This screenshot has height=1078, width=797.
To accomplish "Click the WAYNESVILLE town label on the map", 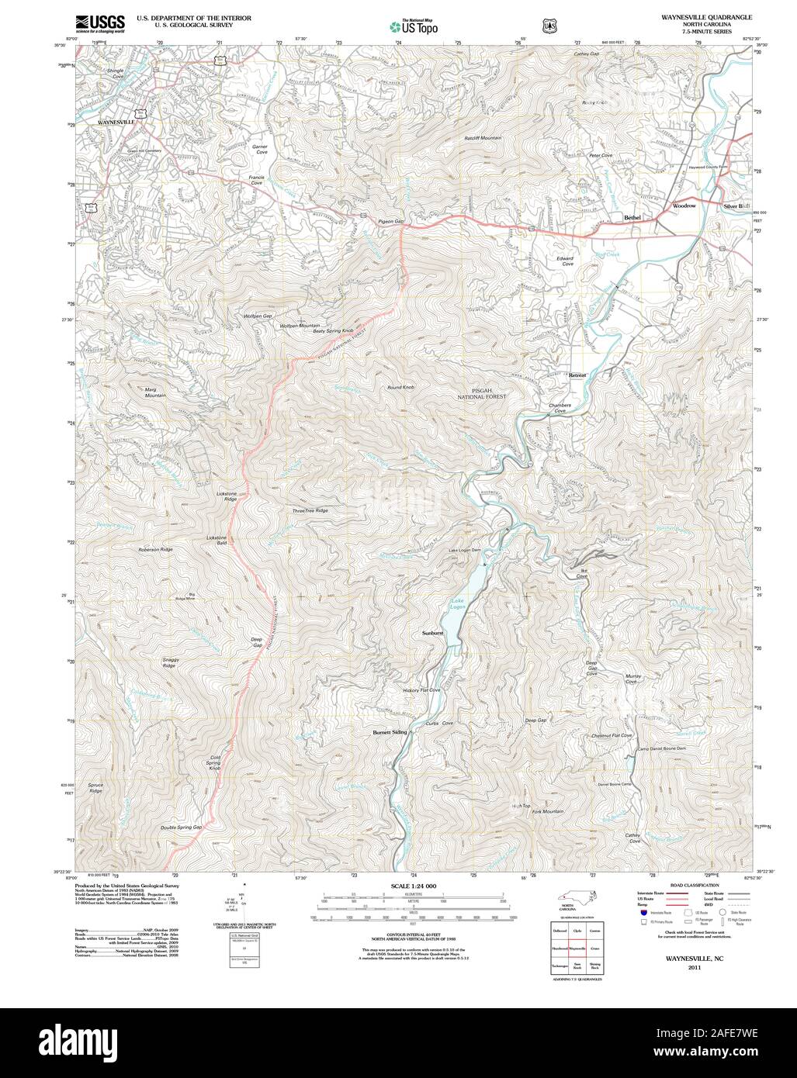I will pyautogui.click(x=116, y=123).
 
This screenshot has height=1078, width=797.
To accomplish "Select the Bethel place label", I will pyautogui.click(x=632, y=218).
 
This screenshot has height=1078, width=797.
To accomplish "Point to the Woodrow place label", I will pyautogui.click(x=684, y=206).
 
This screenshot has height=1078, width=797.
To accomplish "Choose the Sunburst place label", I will pyautogui.click(x=432, y=634).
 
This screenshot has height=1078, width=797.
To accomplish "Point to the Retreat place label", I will pyautogui.click(x=577, y=375).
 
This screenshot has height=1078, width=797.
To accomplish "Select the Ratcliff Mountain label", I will pyautogui.click(x=483, y=137).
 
